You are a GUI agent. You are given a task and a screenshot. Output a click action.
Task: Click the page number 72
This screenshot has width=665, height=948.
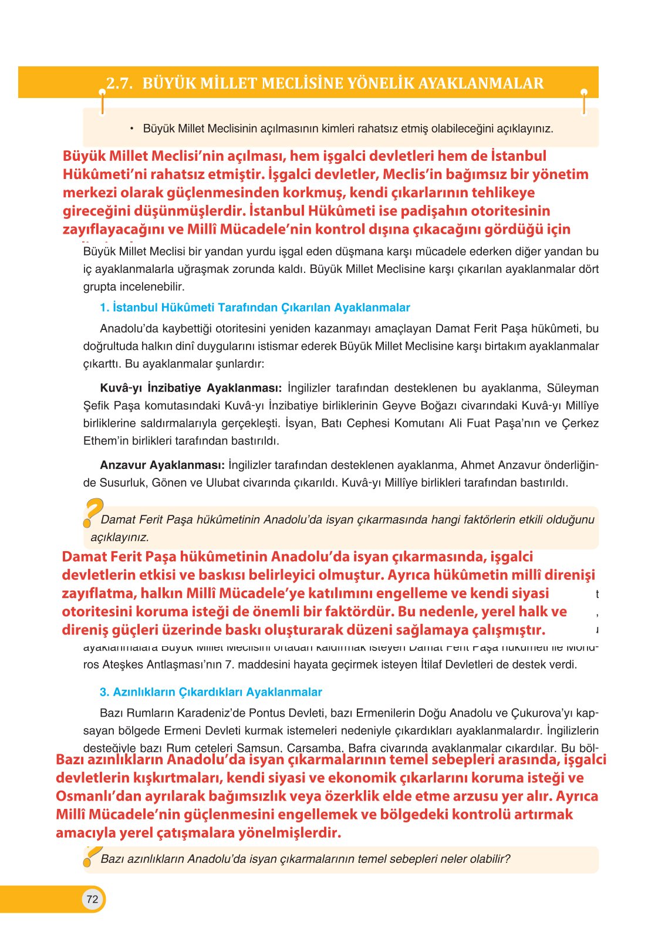coord(92,899)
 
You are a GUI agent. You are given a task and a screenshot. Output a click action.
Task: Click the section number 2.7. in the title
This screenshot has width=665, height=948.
coord(120,83)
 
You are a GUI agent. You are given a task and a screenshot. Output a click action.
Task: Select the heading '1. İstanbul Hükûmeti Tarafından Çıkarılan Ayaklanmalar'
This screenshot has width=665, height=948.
coord(255,308)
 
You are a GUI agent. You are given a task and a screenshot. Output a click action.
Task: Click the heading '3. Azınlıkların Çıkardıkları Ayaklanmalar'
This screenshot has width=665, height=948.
coord(211,692)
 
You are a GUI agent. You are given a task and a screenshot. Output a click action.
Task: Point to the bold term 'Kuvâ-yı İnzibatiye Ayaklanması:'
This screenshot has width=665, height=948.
coord(191,388)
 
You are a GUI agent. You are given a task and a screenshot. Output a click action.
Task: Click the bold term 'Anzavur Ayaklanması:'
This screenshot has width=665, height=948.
coord(162,465)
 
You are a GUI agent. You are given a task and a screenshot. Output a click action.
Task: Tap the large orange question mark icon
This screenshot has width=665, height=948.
coord(93,512)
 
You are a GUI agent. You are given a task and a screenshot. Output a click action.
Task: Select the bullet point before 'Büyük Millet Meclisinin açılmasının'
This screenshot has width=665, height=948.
coord(132,128)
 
